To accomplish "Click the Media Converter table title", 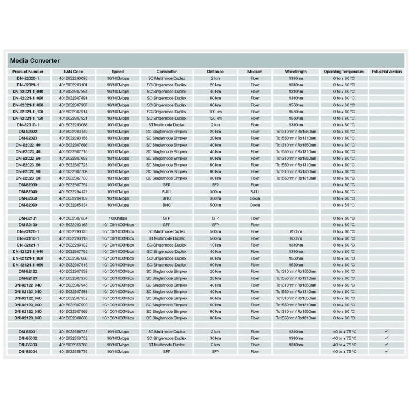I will tap(35, 60).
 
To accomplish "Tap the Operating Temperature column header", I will tap(344, 72).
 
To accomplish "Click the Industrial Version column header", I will tap(386, 72).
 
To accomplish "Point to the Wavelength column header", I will tap(296, 72).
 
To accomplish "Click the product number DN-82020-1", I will tap(28, 78).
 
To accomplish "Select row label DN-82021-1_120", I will tap(28, 118).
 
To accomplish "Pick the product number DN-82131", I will tap(28, 218).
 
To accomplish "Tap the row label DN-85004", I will tap(28, 351).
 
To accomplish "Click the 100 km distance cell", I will tap(215, 112).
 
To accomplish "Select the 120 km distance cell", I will tap(215, 118).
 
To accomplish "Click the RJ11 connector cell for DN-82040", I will tap(166, 191).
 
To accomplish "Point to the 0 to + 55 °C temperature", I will tap(344, 205).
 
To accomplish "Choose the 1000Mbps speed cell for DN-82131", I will tap(118, 218).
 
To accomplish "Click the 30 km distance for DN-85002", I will tap(215, 338).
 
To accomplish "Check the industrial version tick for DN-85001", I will tap(386, 331).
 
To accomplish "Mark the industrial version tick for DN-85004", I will tap(386, 351).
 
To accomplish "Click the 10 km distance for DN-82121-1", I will tap(215, 245).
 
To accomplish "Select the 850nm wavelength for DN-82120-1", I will tap(296, 231).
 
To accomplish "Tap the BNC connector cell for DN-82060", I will tap(166, 205).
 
